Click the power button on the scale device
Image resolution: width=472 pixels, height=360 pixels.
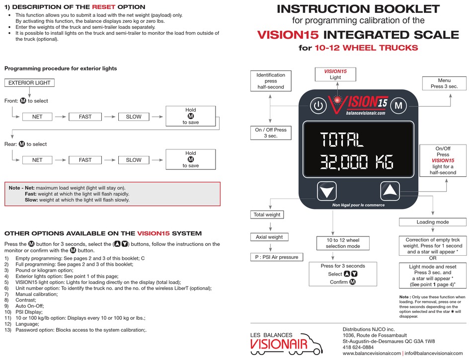click(318, 105)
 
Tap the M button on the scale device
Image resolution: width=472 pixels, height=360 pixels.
click(397, 105)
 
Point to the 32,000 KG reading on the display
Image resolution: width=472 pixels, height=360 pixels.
click(356, 162)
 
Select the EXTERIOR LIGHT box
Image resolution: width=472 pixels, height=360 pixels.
click(29, 83)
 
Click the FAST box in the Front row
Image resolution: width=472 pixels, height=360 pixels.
click(85, 117)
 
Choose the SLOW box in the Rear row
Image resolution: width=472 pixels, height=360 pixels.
click(133, 160)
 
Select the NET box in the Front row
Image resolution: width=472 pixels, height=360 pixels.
click(37, 117)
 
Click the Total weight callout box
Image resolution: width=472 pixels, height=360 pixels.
click(267, 215)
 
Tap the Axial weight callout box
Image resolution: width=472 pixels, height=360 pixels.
click(270, 237)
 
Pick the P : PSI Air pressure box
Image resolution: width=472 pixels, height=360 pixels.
click(274, 257)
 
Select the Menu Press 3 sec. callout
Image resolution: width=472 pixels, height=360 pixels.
click(444, 83)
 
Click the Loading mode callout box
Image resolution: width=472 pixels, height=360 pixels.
click(432, 222)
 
